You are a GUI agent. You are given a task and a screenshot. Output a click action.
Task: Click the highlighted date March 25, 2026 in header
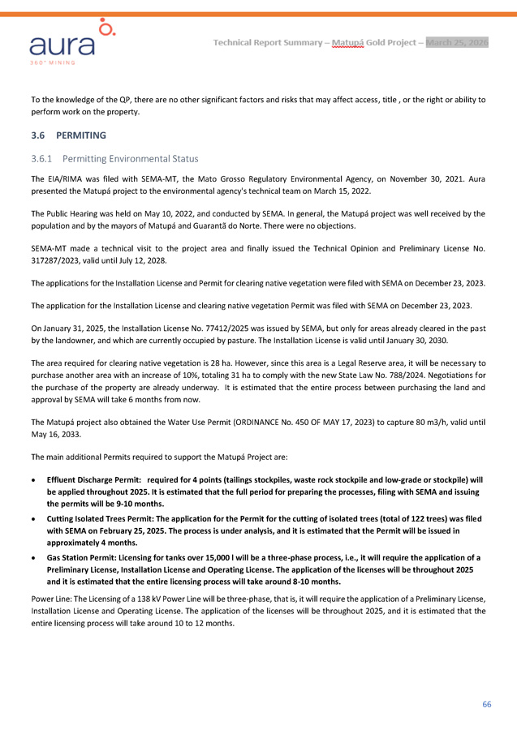point(457,42)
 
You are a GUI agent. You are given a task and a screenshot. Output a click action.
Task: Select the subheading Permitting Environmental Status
point(130,158)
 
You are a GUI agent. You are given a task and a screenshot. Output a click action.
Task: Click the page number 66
point(487,704)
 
